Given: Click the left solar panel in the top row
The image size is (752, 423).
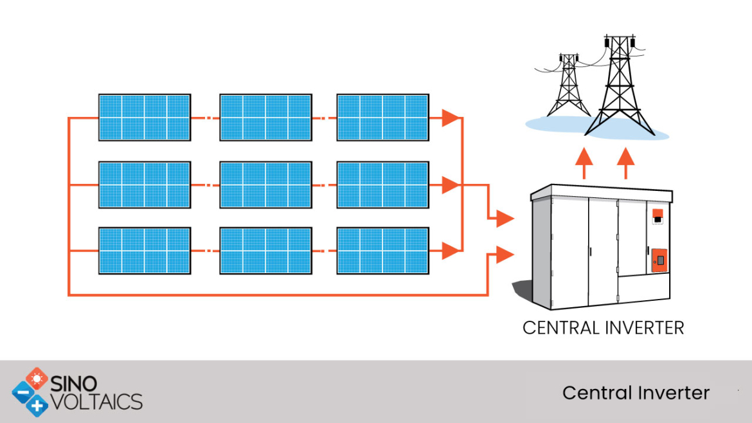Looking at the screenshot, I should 144,117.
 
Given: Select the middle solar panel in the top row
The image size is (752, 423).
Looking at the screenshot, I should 265,117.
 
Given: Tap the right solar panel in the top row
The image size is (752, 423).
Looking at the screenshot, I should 382,117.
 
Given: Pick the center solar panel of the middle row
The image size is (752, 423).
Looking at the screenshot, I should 265,184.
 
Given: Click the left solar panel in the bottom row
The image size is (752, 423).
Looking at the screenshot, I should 144,250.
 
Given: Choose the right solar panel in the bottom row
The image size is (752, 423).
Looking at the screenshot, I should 382,250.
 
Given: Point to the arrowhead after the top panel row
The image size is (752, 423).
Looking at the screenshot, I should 452,118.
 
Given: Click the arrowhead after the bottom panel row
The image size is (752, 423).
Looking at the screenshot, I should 452,250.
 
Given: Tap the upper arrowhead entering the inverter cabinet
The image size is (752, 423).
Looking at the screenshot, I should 505,219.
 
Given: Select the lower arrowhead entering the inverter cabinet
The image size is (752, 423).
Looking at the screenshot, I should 505,255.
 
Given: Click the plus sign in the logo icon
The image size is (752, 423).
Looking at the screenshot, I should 38,405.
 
